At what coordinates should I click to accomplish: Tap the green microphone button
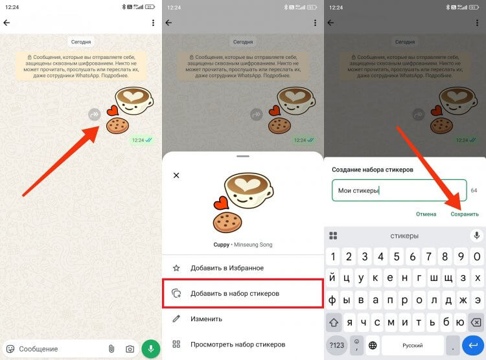(150, 349)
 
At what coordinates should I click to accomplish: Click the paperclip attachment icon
(111, 349)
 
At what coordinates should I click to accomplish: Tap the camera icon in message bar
(130, 349)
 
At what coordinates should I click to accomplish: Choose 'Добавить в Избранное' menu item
(227, 268)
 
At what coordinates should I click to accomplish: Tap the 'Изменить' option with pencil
(206, 319)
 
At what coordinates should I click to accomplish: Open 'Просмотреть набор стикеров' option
(238, 344)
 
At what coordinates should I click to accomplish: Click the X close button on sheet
(176, 175)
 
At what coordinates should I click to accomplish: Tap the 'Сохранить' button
(465, 214)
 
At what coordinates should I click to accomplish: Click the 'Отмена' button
(426, 214)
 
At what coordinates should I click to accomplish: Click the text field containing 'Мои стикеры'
(399, 190)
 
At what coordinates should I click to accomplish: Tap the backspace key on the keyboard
(476, 322)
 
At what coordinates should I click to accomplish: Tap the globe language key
(373, 345)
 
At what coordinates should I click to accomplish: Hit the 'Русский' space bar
(413, 345)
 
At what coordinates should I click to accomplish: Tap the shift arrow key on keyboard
(334, 322)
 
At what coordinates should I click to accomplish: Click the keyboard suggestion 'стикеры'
(404, 236)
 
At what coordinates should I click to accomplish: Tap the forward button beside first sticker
(95, 115)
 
